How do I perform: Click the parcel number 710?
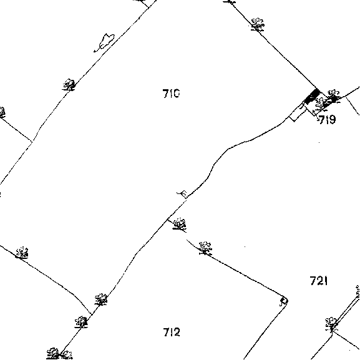click(x=171, y=94)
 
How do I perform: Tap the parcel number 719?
click(x=328, y=119)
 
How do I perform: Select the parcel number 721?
click(x=319, y=281)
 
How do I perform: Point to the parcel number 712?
click(x=172, y=332)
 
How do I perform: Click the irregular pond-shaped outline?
click(x=104, y=42)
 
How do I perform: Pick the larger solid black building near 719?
click(x=312, y=97)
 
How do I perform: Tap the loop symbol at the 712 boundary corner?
click(x=283, y=302)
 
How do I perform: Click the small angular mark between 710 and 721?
click(x=183, y=194)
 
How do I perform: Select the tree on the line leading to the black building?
click(x=258, y=24)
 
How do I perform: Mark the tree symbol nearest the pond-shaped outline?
click(x=69, y=85)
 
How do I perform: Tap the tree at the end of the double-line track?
click(x=331, y=324)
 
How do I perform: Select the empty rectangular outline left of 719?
click(x=298, y=112)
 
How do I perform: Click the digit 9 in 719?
click(x=332, y=119)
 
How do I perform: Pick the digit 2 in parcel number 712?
click(x=177, y=332)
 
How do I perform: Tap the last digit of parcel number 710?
click(x=176, y=94)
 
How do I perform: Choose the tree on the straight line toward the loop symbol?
click(x=205, y=248)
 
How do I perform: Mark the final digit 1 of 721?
click(x=326, y=281)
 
